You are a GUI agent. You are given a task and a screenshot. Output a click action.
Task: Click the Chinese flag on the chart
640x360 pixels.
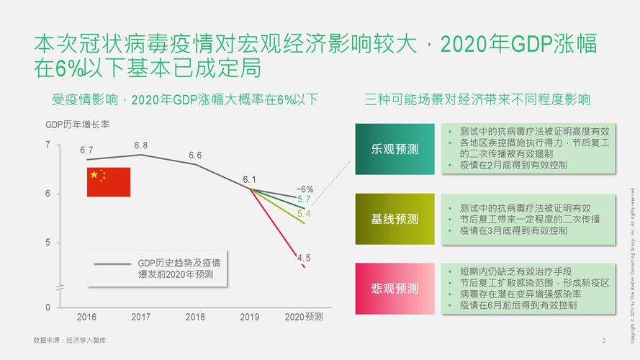[109, 181]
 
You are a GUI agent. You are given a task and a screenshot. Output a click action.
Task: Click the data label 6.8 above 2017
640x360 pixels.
[141, 145]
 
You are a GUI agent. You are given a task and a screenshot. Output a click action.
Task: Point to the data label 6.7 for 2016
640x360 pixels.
[86, 150]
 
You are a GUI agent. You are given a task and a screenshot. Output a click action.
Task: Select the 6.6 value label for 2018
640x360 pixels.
[195, 156]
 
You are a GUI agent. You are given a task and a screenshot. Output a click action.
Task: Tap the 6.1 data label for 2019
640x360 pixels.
[249, 179]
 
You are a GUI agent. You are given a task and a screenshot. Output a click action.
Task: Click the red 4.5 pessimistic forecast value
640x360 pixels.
[304, 258]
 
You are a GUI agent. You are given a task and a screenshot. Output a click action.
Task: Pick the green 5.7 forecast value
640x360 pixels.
[304, 199]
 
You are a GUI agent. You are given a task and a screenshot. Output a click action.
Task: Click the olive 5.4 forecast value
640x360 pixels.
[304, 214]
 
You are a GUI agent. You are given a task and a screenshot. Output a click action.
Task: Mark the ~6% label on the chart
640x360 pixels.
[305, 189]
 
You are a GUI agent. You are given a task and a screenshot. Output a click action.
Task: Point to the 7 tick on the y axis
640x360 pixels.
[48, 145]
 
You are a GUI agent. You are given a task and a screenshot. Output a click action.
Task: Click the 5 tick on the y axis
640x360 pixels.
[48, 243]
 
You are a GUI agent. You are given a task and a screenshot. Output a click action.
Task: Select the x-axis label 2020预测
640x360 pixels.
[304, 317]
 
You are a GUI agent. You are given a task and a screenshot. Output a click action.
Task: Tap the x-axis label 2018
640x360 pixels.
[195, 317]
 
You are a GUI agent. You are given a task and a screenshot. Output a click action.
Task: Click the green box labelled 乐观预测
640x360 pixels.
[395, 149]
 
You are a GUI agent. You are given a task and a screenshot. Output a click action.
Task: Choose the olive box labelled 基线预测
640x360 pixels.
[395, 219]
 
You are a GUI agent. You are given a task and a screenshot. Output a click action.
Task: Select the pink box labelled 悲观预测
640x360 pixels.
[395, 289]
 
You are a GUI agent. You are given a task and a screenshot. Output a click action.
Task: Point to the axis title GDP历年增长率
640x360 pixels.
[77, 125]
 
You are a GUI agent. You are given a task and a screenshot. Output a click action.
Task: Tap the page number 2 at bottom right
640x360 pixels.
[604, 340]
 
